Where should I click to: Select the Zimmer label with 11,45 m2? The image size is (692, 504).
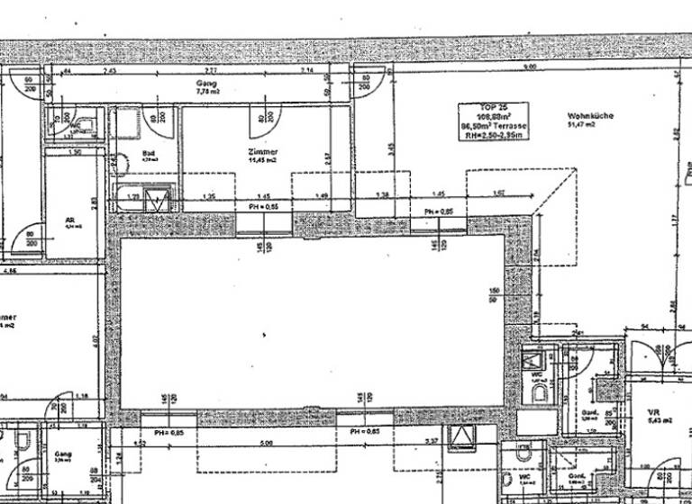pyautogui.click(x=265, y=157)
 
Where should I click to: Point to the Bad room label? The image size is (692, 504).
pyautogui.click(x=148, y=156)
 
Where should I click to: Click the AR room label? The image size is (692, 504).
pyautogui.click(x=69, y=221)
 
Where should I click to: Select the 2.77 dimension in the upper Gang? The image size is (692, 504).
pyautogui.click(x=211, y=70)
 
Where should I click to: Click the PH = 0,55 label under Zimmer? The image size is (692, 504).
pyautogui.click(x=263, y=208)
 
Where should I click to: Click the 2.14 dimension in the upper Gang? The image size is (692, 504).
pyautogui.click(x=307, y=70)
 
